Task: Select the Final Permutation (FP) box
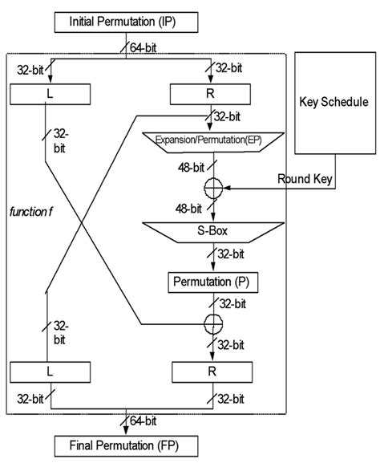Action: [x=123, y=445]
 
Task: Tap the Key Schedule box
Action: [x=333, y=103]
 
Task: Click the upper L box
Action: [x=49, y=95]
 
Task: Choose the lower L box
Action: [x=49, y=373]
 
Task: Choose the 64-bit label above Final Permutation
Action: [x=145, y=420]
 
